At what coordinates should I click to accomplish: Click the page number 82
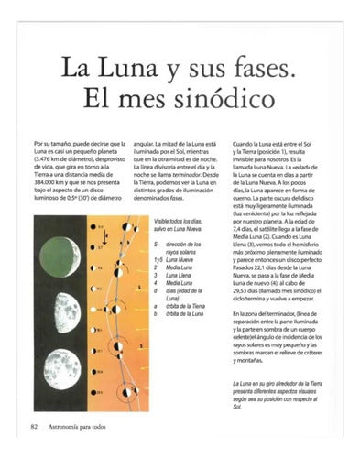[34, 427]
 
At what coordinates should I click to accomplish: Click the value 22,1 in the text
[266, 273]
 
